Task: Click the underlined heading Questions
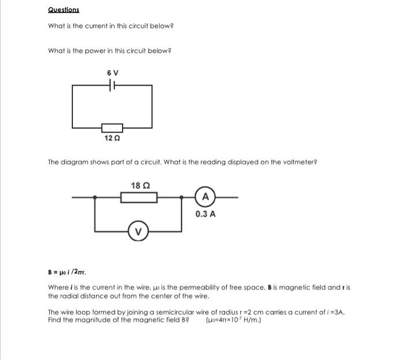coord(64,10)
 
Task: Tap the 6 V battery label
coord(112,73)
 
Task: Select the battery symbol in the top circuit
coord(112,85)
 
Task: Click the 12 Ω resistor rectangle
coord(112,127)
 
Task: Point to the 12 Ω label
coord(112,138)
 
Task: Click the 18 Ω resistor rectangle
coord(139,198)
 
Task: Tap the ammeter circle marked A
coord(205,197)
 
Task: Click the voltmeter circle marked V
coord(138,232)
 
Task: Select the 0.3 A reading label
coord(205,214)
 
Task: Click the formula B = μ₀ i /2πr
coord(67,271)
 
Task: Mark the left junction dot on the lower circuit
coord(95,197)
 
